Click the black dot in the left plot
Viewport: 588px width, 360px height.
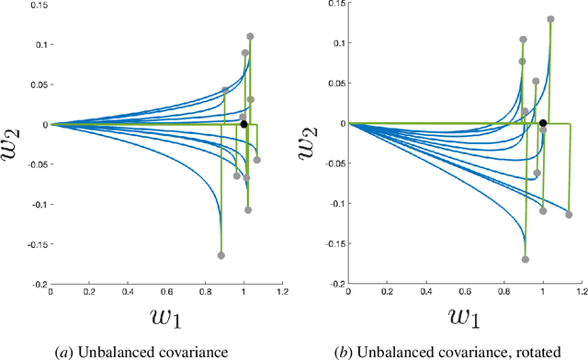pos(243,124)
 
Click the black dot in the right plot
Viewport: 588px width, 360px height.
pos(543,123)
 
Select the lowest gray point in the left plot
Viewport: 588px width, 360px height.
pos(221,255)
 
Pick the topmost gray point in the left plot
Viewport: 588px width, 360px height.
pos(250,37)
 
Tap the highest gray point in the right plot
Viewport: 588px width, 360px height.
pos(551,19)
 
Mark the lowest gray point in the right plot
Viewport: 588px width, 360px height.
pos(526,260)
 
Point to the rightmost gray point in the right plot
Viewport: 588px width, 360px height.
pos(569,215)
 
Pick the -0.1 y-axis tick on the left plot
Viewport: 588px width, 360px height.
pos(32,205)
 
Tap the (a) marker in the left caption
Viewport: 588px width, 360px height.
pos(80,351)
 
